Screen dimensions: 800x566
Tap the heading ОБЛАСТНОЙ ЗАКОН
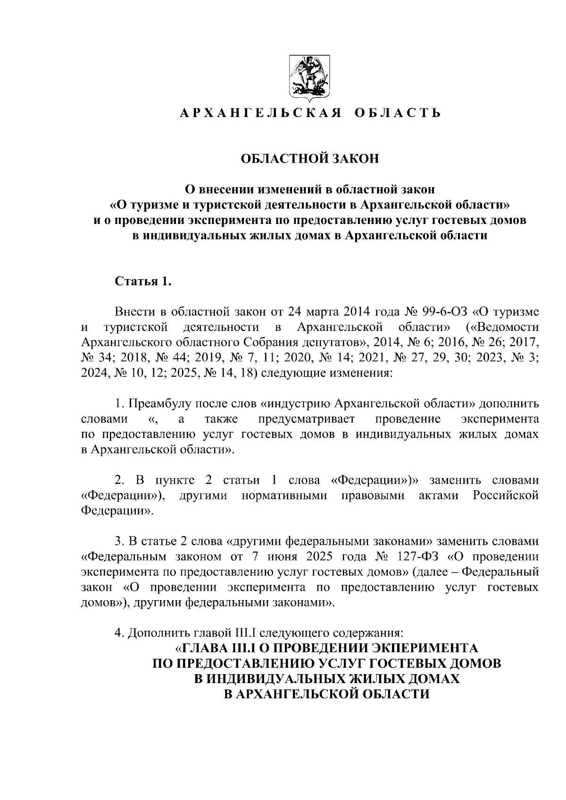tap(309, 158)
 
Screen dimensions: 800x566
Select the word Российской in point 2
tap(506, 495)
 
